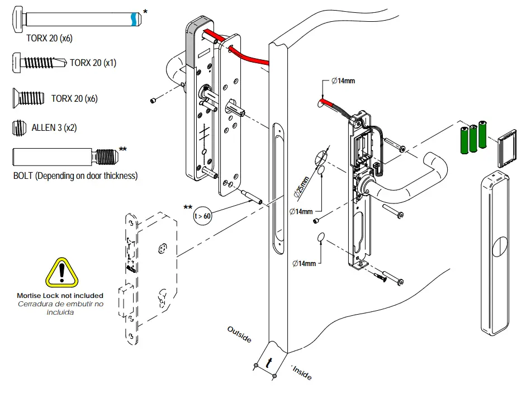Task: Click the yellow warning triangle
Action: click(62, 272)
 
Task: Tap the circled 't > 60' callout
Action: click(202, 216)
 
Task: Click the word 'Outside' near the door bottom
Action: click(239, 334)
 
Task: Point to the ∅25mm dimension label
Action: click(302, 187)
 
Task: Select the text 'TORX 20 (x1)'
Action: click(93, 63)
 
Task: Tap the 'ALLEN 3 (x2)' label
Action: click(54, 127)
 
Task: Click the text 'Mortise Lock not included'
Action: click(60, 295)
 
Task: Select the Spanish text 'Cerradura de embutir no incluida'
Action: click(60, 309)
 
